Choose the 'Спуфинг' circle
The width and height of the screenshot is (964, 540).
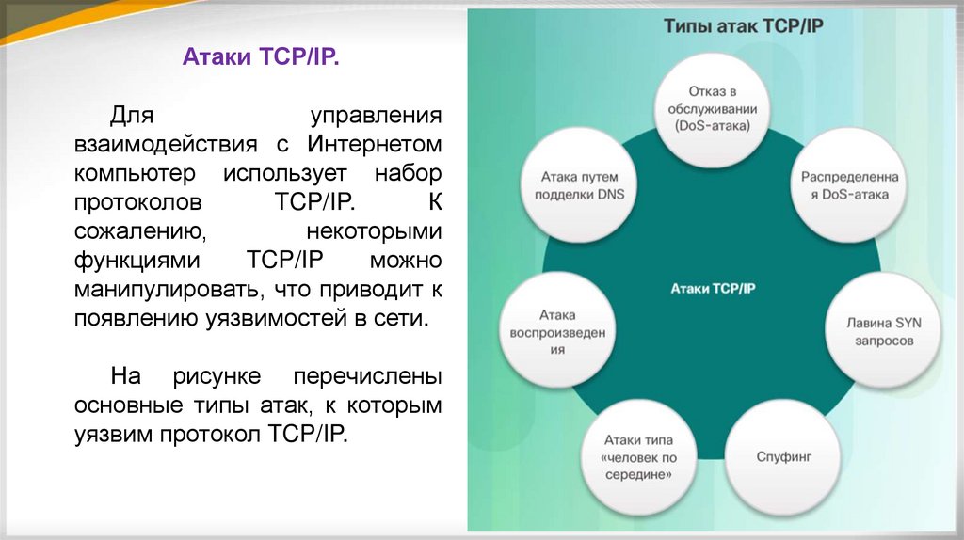(783, 457)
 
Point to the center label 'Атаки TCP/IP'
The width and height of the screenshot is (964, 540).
(713, 287)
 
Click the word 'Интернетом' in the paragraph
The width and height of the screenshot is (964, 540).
(375, 146)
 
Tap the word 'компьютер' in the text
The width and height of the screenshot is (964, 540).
(136, 174)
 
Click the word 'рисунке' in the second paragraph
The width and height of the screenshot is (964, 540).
(217, 378)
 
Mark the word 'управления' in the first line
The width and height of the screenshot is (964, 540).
(377, 118)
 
